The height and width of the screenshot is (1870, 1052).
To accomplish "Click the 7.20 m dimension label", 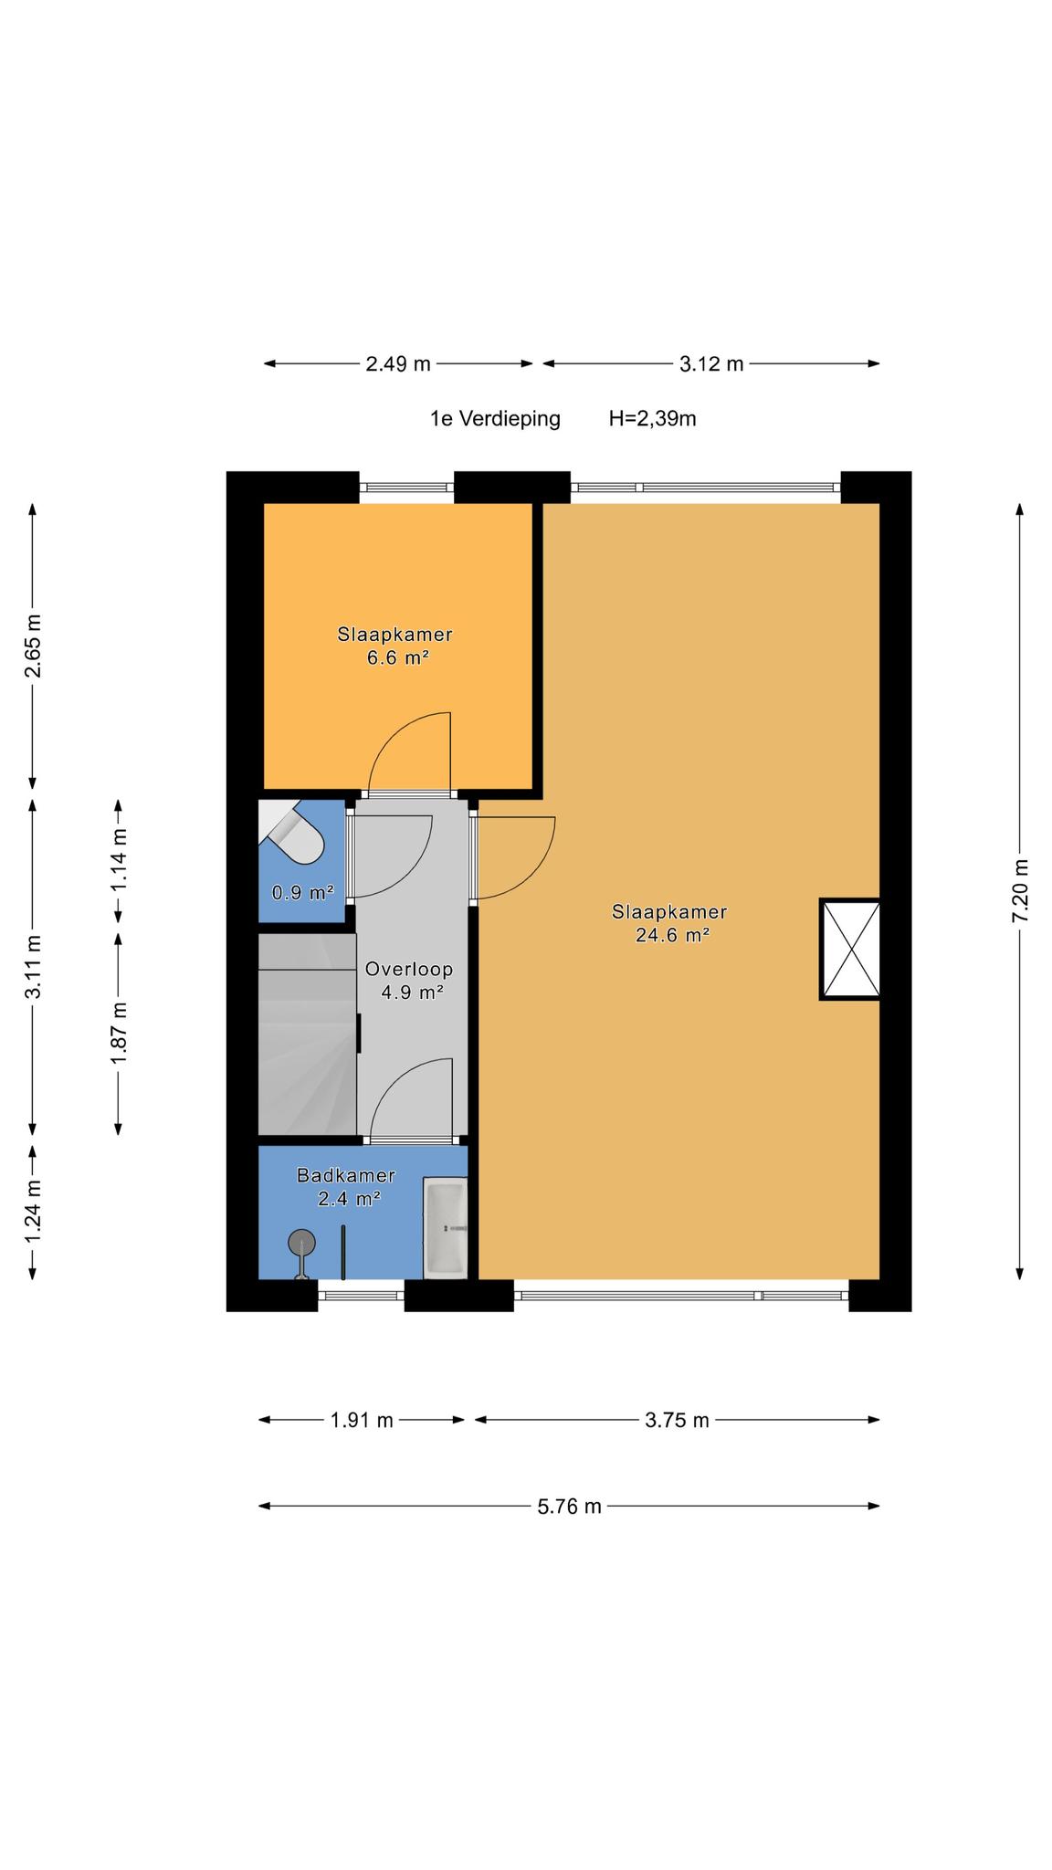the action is pos(1020,890).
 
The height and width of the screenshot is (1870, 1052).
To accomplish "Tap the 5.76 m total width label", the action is pos(569,1506).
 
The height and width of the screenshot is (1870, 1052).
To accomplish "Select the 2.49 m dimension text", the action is pos(397,363).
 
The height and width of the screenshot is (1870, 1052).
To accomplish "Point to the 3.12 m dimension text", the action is pos(711,363).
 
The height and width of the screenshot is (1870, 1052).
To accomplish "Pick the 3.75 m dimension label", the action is pos(677,1419).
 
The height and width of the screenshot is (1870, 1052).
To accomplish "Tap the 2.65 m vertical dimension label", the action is pos(33,646).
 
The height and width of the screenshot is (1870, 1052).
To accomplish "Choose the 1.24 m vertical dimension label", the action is pos(33,1211).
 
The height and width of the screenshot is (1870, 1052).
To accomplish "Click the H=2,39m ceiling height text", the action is pos(652,418).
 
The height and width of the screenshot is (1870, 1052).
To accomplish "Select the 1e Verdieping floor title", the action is pos(495,418).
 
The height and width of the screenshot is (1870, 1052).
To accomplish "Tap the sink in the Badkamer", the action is pos(446,1228).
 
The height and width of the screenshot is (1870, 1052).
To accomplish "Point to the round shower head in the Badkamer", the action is pos(301,1243).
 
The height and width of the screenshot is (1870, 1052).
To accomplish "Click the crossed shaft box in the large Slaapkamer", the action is pos(849,950).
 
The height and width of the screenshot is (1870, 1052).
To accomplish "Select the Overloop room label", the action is pos(409,969).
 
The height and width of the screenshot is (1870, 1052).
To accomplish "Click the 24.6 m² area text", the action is pos(673,934).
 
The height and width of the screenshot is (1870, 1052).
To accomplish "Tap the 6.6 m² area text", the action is pos(398,657).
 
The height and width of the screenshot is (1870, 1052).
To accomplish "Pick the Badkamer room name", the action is pos(346,1175).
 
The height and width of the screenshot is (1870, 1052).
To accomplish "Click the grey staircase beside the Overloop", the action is pos(307,1035).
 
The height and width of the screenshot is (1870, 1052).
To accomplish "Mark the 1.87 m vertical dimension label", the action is pos(119,1033).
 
